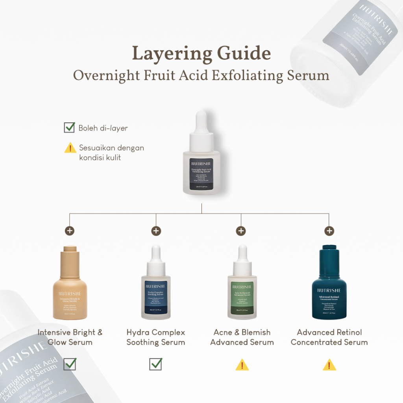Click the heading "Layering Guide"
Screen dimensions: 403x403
click(x=201, y=54)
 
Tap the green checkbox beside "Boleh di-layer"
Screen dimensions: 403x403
click(x=69, y=128)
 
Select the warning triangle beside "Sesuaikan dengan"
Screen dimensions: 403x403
click(x=70, y=148)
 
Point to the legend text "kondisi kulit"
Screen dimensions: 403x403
click(x=100, y=157)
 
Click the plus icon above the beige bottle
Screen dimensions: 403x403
click(x=70, y=231)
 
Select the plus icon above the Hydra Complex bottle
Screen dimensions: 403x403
click(x=156, y=231)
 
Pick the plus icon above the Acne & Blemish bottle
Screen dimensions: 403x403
click(x=240, y=231)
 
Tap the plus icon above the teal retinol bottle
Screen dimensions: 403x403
click(x=329, y=231)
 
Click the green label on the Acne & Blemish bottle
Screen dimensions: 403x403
click(x=242, y=298)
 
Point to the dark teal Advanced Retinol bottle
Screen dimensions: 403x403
click(x=329, y=285)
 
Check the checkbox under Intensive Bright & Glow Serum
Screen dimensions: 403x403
click(x=70, y=364)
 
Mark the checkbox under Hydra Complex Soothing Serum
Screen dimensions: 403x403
click(x=156, y=364)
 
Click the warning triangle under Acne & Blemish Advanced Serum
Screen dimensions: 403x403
click(x=242, y=365)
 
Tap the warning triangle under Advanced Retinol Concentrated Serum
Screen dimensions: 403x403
click(x=329, y=365)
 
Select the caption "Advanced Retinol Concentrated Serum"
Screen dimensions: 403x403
click(x=329, y=337)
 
